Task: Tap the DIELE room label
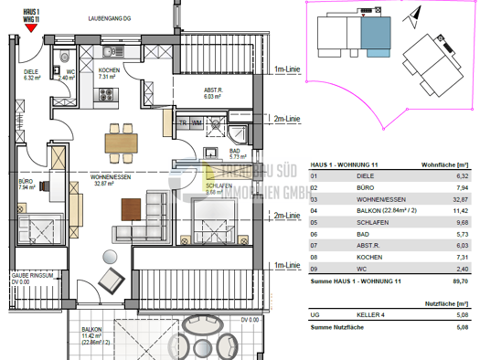(32, 74)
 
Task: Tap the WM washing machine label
(197, 122)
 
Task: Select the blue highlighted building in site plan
(376, 36)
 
